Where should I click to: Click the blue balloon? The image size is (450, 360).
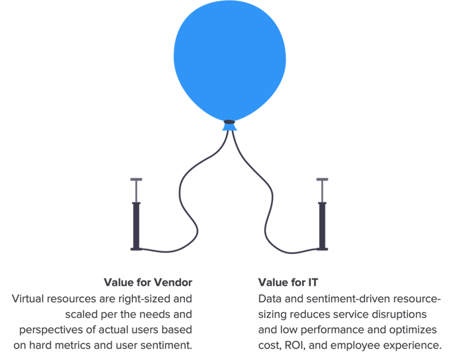[x=229, y=60]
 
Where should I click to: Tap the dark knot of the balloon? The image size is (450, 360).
[x=229, y=122]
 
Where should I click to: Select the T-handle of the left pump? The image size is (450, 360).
[x=136, y=180]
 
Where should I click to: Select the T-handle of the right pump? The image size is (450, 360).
[x=322, y=180]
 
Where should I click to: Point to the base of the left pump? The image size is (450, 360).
[x=136, y=249]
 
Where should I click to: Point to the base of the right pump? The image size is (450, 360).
[x=322, y=249]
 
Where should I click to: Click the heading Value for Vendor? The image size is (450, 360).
[x=148, y=283]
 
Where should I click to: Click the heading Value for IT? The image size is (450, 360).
[x=288, y=283]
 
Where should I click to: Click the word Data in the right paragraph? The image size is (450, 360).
[x=268, y=299]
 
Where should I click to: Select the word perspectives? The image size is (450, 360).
[x=47, y=330]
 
